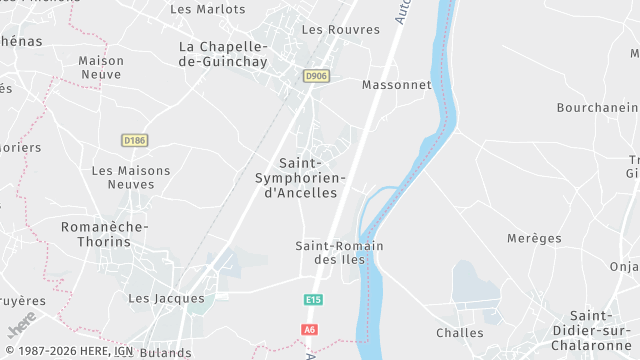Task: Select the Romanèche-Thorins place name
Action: (104, 234)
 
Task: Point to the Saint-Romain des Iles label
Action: (340, 252)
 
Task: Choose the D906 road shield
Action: (316, 76)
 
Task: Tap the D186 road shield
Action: (134, 140)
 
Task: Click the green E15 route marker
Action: (314, 299)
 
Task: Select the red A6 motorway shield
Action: (310, 329)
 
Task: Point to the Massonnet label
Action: (397, 85)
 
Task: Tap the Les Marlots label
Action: (208, 9)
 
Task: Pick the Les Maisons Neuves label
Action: (131, 177)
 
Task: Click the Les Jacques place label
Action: (166, 298)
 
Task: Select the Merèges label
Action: (534, 238)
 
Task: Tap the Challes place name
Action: (460, 333)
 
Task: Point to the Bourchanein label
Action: (598, 106)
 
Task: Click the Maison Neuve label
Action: (101, 68)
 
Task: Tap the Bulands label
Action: (166, 352)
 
